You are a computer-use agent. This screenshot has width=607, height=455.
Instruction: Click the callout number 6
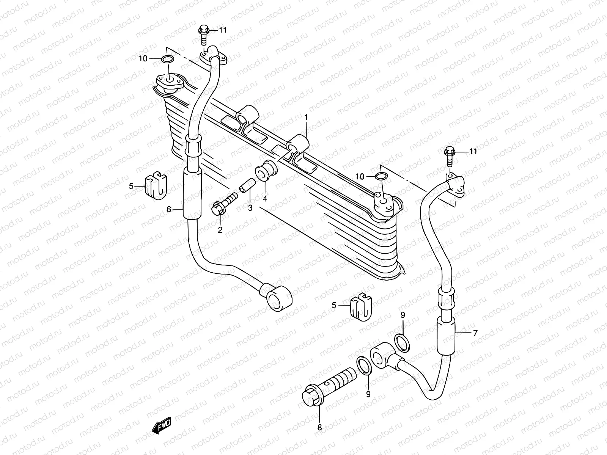[x=169, y=209]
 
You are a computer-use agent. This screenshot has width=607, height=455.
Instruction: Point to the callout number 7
[x=475, y=333]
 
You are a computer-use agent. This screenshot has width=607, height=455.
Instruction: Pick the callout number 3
[x=250, y=207]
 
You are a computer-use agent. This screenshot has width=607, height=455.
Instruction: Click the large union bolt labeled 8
[x=328, y=390]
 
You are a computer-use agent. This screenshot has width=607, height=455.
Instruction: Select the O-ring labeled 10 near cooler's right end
[x=381, y=176]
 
